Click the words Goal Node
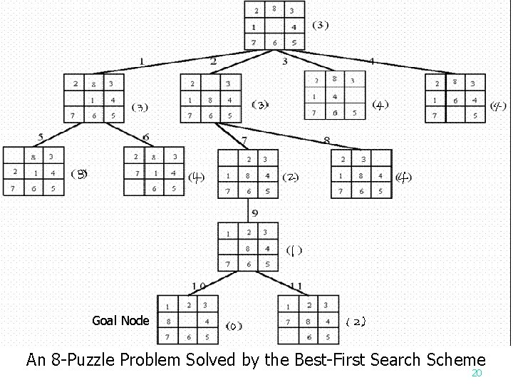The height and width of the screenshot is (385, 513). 121,320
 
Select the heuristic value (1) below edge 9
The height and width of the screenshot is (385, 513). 294,250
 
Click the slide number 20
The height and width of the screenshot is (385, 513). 477,374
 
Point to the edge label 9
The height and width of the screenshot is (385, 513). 254,213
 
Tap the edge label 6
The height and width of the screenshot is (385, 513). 146,138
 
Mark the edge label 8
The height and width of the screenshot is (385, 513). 326,140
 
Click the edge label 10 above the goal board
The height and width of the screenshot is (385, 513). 199,287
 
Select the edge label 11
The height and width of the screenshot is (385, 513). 296,287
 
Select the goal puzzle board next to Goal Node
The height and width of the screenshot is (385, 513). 187,321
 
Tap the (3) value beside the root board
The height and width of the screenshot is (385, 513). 321,25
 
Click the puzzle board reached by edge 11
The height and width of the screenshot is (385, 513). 308,321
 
